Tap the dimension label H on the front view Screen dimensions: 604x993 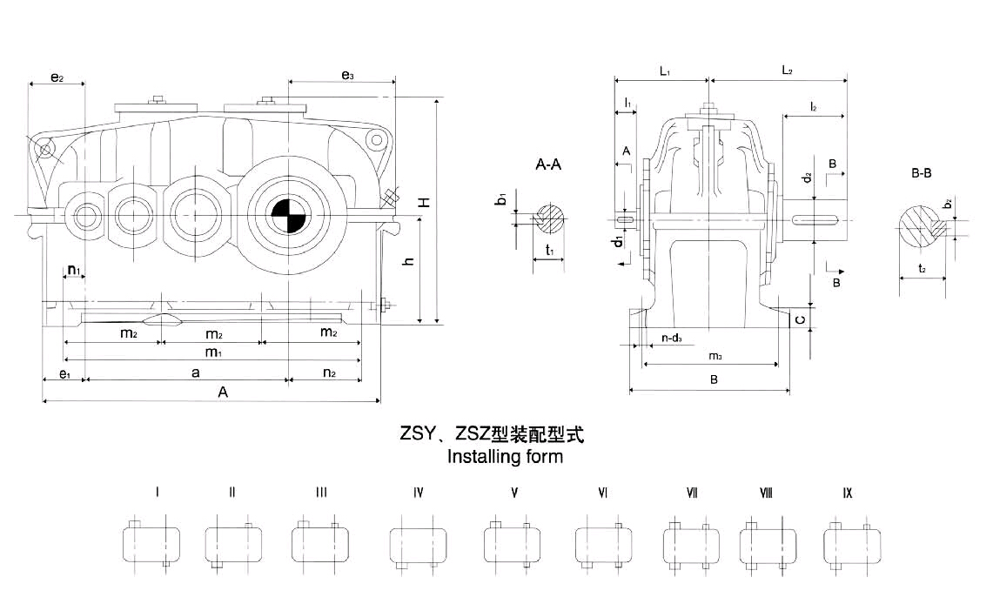click(x=424, y=202)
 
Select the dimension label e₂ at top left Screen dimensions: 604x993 click(x=57, y=77)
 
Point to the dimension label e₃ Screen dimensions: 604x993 click(x=347, y=77)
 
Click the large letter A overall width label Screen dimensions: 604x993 click(x=223, y=393)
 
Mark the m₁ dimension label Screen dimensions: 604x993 click(x=212, y=352)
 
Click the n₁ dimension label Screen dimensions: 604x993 click(x=75, y=270)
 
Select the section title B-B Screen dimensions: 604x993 click(x=922, y=174)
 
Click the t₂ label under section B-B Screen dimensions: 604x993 click(x=923, y=269)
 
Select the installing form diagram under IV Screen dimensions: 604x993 click(x=419, y=544)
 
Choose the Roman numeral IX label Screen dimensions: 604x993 click(x=847, y=493)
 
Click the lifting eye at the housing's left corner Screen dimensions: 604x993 click(x=44, y=151)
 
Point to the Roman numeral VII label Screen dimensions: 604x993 click(x=692, y=493)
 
